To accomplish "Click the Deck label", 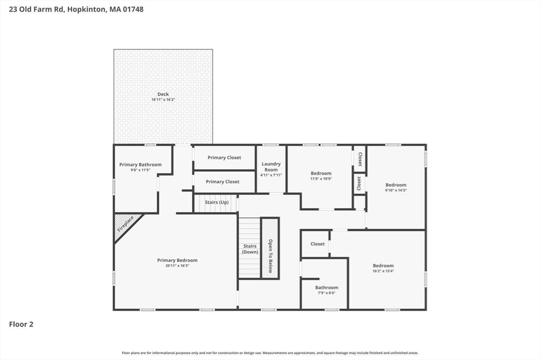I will click(163, 94).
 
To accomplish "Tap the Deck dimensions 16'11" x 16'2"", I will click(163, 100).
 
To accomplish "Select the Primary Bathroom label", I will click(140, 164).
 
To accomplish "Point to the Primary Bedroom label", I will click(177, 260).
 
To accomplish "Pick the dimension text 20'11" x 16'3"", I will click(177, 266).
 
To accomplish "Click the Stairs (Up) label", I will click(216, 202).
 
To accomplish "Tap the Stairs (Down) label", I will click(250, 249).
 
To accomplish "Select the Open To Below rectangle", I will click(270, 248).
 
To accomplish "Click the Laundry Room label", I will click(271, 167).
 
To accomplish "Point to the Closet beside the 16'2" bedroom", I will click(317, 244).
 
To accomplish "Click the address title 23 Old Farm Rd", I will click(76, 9).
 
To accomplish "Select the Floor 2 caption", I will click(21, 325).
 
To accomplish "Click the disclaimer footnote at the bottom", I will click(270, 353).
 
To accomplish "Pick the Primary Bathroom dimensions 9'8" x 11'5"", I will click(140, 170).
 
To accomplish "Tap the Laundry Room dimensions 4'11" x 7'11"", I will click(271, 175).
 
